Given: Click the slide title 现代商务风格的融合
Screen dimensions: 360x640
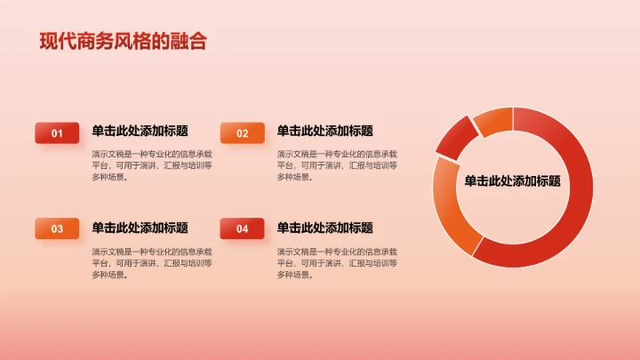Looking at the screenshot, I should [123, 41].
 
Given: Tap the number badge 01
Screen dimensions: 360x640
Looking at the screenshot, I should [57, 133].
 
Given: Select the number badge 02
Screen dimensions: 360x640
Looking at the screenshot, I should [242, 133].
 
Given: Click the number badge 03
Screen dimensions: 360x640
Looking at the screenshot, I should [57, 229].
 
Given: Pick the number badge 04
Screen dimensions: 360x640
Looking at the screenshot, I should [242, 229].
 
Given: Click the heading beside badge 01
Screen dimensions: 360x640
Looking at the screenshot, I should [140, 131].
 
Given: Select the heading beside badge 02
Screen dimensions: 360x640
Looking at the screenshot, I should [324, 131].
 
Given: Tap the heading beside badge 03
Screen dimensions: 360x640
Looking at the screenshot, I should [140, 227].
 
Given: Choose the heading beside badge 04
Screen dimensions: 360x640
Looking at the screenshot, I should [324, 227].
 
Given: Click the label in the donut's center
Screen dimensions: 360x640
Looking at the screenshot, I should [512, 181].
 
